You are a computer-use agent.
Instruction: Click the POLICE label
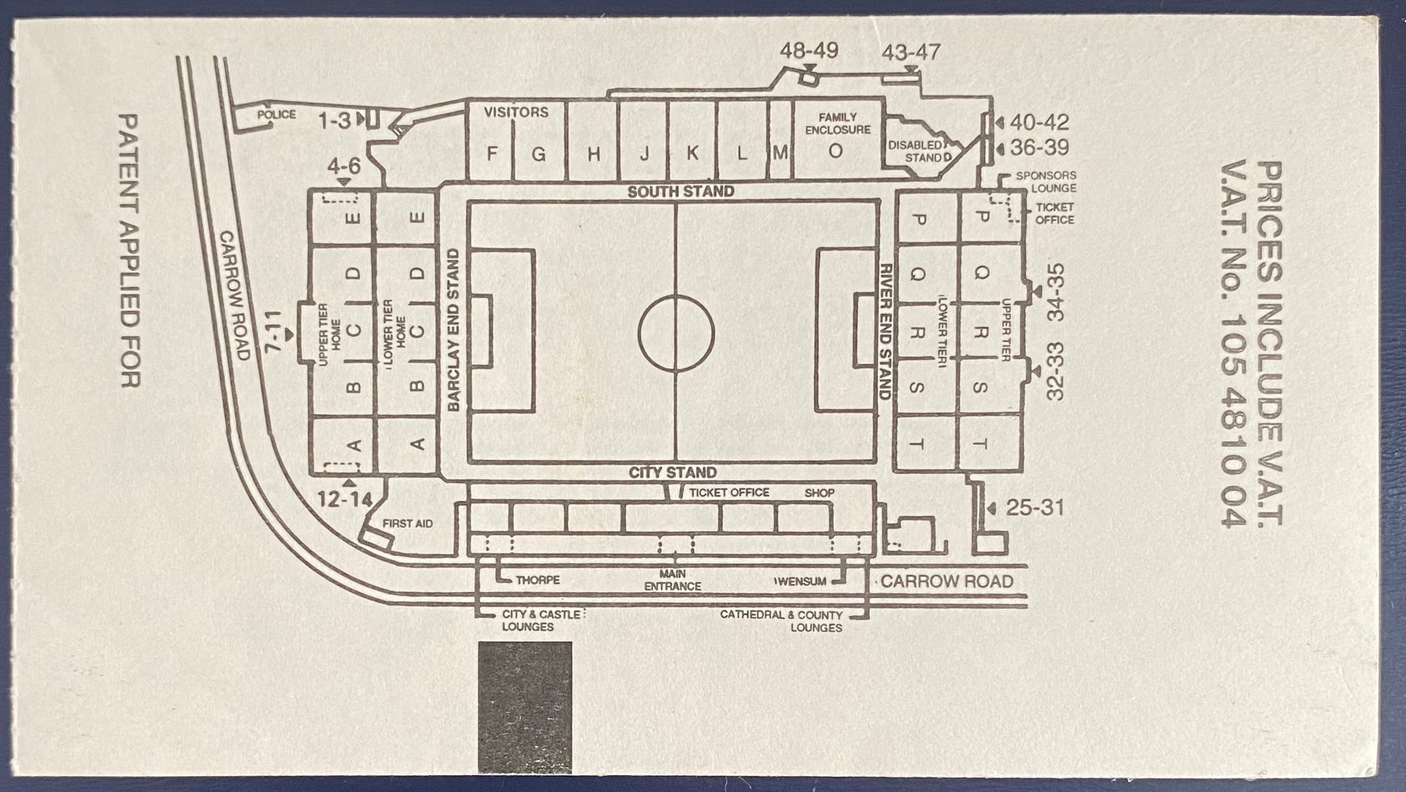276,114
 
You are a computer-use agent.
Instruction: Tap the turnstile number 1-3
335,122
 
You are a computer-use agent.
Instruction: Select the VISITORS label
516,112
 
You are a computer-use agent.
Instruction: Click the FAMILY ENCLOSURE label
838,123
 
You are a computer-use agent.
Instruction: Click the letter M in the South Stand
780,153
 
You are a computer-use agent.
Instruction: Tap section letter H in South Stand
594,154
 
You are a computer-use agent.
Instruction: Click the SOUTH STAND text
681,192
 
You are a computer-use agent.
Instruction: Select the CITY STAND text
673,473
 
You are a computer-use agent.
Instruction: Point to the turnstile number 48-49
809,51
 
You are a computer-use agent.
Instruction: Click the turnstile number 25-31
1034,508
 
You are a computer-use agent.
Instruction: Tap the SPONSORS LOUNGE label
1046,182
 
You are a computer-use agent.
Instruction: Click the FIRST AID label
408,523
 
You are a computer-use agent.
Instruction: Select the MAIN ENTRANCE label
673,580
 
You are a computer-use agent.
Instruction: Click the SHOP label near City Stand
820,493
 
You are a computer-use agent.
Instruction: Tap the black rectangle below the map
525,708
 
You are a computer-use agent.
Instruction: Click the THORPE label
538,581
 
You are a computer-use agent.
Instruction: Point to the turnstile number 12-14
345,500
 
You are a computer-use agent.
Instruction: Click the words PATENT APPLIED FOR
130,251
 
